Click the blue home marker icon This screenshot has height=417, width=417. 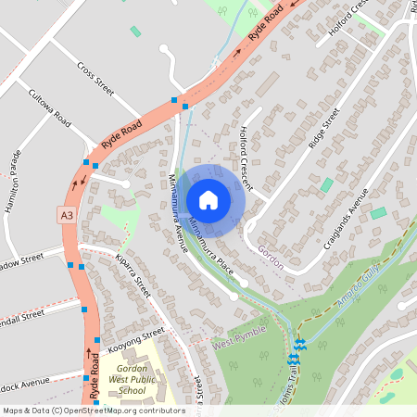coord(208,199)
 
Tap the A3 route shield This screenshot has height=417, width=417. coord(66,215)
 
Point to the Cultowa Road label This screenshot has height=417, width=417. coord(49,107)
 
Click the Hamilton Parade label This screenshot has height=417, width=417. coord(13,182)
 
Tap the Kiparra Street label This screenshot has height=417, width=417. coord(133,274)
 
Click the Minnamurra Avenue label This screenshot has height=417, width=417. coord(178,213)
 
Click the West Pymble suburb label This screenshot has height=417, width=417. coord(238,337)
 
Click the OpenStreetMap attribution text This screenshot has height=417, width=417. coord(93,411)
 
